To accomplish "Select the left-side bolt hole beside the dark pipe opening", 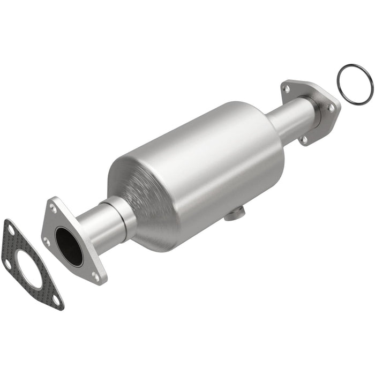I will tap(47, 242).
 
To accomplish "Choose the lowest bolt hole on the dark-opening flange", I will tap(95, 276).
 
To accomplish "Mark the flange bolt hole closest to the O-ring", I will tap(332, 108).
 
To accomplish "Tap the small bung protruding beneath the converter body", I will tap(232, 215).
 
